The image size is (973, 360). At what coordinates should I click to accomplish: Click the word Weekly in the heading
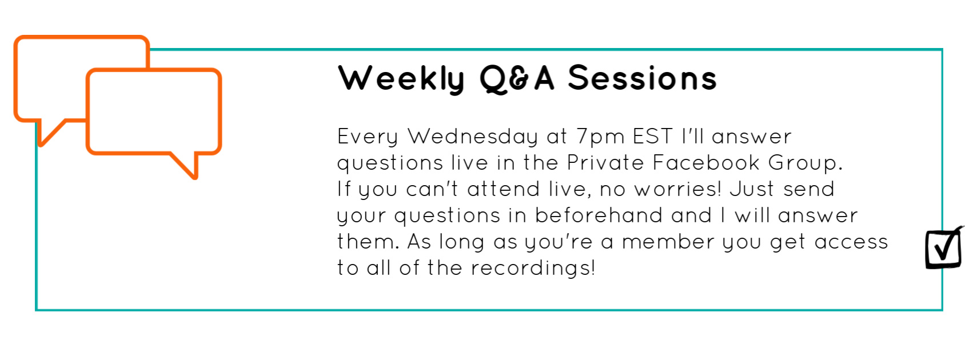[401, 79]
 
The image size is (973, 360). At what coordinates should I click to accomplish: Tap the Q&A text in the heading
[517, 79]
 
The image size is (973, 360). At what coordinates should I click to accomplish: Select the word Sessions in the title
[643, 78]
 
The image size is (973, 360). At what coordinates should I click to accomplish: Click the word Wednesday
[473, 137]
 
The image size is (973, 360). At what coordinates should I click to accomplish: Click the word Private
[605, 163]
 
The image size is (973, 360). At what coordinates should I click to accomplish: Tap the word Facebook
[706, 163]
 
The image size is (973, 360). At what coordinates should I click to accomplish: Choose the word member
[668, 242]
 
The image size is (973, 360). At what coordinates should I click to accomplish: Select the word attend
[503, 189]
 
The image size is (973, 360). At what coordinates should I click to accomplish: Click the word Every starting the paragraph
[368, 137]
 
